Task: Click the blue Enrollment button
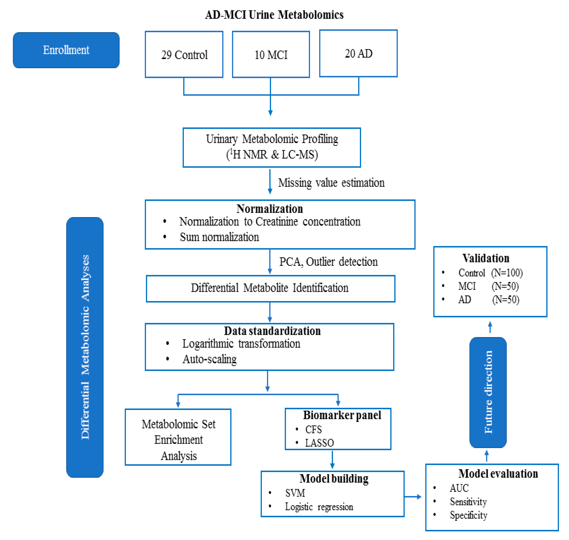pyautogui.click(x=66, y=50)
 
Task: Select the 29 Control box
pyautogui.click(x=184, y=54)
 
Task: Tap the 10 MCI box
pyautogui.click(x=271, y=54)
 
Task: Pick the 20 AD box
pyautogui.click(x=358, y=53)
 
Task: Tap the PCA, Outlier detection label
pyautogui.click(x=328, y=262)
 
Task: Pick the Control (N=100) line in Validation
pyautogui.click(x=490, y=273)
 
